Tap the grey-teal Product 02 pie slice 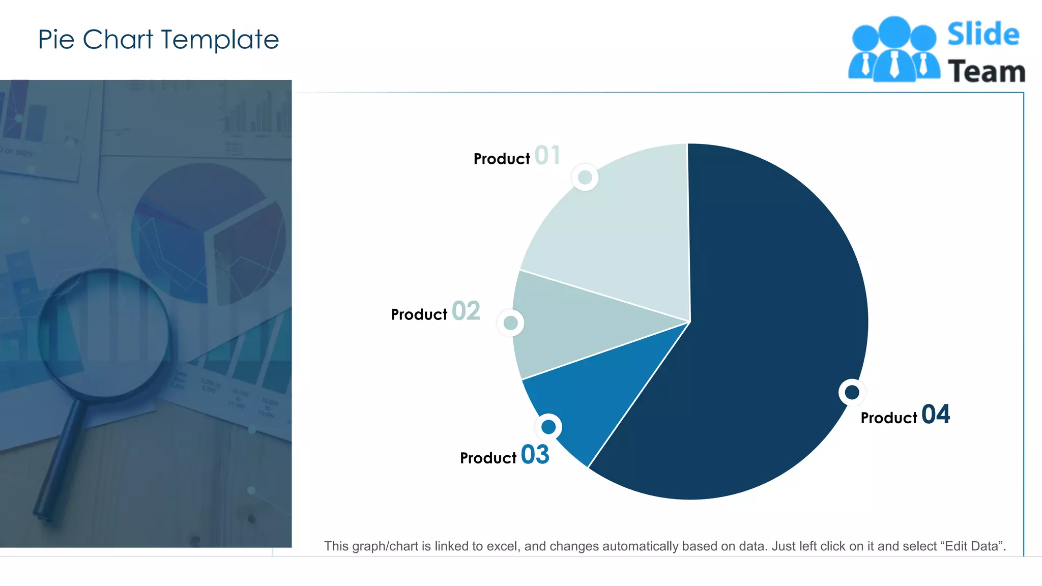point(575,326)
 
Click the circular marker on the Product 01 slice point(585,178)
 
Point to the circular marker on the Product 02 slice point(510,323)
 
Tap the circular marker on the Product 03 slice point(548,427)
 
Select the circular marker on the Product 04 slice point(852,392)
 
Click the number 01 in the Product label point(547,156)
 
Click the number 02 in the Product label point(466,311)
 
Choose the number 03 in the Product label point(535,455)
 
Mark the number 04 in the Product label point(935,415)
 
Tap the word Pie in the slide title point(56,40)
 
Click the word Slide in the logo point(983,35)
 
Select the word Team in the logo point(986,72)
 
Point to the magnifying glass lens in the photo point(104,333)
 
